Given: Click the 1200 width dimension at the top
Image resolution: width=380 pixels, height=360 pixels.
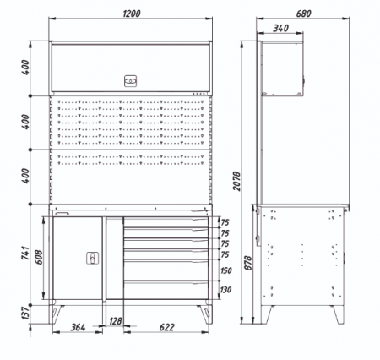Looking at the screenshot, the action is (132, 14).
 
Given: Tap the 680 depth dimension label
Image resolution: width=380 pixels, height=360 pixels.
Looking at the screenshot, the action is (303, 14).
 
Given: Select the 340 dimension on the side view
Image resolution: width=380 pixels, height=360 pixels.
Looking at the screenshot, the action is (280, 28).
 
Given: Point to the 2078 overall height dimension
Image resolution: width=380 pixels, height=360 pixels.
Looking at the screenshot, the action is (237, 181).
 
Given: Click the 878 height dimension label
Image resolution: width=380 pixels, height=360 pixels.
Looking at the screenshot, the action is (247, 263).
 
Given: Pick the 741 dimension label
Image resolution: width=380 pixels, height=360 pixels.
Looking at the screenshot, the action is (25, 253).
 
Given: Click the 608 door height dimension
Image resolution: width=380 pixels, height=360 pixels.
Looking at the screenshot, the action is (39, 257).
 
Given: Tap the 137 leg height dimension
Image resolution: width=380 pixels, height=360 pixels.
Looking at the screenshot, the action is (25, 314).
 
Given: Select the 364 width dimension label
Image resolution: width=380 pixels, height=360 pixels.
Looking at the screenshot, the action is (78, 327).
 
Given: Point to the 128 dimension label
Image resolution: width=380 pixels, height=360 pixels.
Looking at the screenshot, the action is (116, 321).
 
